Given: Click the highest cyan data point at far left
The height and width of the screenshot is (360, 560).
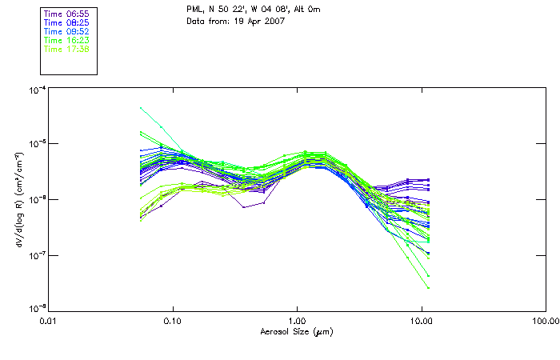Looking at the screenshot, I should (x=141, y=107).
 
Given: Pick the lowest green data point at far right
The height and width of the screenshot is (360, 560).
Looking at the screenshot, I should (x=429, y=288).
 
